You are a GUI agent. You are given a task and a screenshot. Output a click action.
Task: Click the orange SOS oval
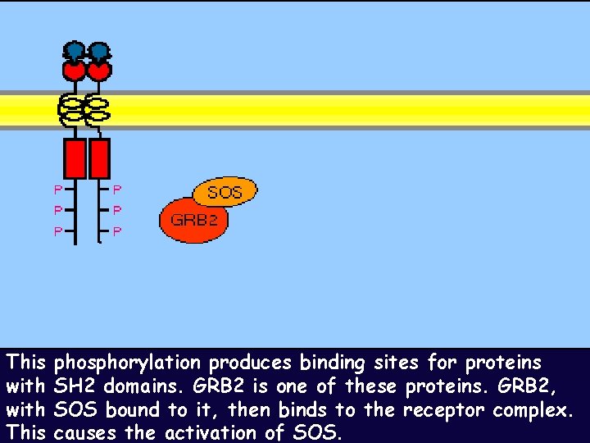point(225,192)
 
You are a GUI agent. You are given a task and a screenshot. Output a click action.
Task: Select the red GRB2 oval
point(193,220)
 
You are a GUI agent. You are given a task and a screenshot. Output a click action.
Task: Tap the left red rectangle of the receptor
point(75,158)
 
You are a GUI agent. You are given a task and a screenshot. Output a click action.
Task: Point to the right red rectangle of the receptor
point(99,158)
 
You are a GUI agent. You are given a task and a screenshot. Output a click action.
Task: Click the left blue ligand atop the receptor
point(75,52)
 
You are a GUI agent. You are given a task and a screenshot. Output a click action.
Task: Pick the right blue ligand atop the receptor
point(99,52)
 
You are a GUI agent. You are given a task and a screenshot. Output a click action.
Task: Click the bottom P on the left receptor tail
point(57,231)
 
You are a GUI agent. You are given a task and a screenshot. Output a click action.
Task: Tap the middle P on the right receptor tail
point(116,211)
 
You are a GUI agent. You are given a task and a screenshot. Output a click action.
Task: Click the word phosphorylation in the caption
point(127,363)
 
